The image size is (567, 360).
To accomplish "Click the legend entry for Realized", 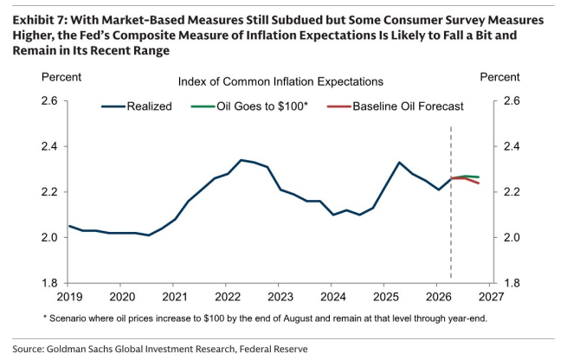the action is (136, 106).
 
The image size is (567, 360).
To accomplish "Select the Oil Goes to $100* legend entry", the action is (249, 106).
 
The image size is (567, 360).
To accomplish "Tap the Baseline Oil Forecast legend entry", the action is (396, 106).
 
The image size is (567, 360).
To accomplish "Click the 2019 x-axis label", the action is (70, 297).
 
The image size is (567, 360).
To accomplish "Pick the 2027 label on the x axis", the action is (491, 297).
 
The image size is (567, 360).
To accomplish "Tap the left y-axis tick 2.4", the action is (49, 146).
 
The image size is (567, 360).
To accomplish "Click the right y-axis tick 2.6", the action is (512, 100).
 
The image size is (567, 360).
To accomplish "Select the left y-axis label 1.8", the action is (49, 283).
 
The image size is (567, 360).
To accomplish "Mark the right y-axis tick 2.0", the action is (512, 237).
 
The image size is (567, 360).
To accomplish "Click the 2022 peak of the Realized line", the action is (242, 160).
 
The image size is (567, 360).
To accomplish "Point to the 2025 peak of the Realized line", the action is (399, 163).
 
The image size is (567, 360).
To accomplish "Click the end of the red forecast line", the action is (479, 183).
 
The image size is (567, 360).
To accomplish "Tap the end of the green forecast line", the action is (479, 177).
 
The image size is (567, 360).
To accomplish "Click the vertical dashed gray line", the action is (451, 202).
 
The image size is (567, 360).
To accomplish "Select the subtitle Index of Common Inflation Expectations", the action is (280, 81).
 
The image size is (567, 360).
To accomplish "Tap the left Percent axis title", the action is (61, 77).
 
